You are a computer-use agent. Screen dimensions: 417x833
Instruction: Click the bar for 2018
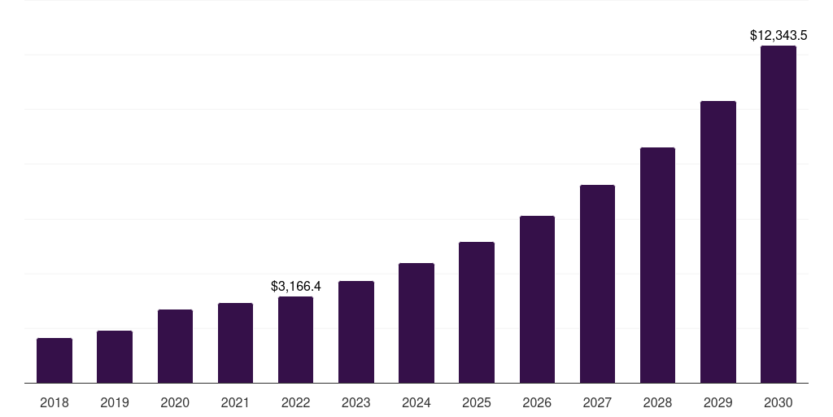55,361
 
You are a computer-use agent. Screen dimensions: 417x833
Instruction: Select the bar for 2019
115,357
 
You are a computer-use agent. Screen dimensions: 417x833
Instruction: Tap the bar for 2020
175,346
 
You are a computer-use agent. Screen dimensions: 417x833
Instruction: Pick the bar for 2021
235,343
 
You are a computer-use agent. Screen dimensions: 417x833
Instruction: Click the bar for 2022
295,340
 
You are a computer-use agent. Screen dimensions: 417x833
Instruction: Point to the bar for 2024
416,323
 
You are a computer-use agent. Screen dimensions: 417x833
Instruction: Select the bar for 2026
537,300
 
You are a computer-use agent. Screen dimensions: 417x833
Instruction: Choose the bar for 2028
657,266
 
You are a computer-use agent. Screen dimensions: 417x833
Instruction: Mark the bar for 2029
717,242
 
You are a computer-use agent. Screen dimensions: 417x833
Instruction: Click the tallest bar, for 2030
778,214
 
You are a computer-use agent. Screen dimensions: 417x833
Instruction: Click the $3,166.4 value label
296,286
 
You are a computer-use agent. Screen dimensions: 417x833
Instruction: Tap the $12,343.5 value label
778,36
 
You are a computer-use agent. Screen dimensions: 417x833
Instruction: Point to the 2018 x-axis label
55,402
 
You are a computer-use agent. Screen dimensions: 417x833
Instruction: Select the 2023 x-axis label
356,402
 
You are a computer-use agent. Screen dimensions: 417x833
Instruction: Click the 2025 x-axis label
477,402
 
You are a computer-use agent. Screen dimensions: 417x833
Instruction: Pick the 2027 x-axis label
597,402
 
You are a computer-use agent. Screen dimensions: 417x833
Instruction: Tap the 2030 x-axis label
778,402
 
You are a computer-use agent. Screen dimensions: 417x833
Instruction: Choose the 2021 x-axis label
235,402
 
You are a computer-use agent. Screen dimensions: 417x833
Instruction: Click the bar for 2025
477,313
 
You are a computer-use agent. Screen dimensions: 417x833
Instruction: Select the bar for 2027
597,284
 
